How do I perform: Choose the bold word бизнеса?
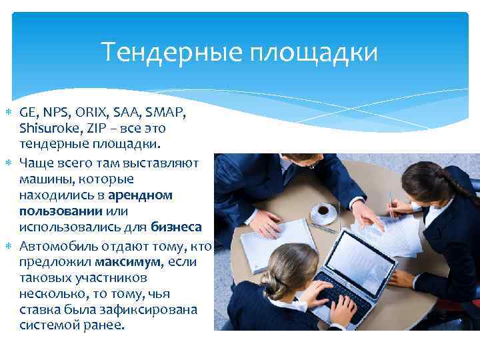pyautogui.click(x=176, y=227)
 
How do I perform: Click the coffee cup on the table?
pyautogui.click(x=325, y=213)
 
